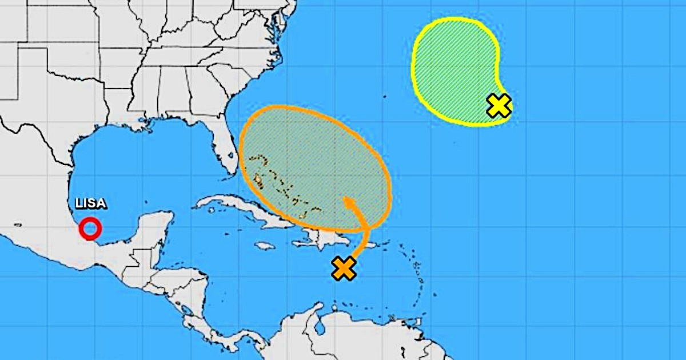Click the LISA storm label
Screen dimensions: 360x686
click(x=91, y=204)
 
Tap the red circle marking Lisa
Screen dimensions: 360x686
click(x=90, y=229)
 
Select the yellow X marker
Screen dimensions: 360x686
click(x=498, y=106)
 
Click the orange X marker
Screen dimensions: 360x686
click(x=344, y=268)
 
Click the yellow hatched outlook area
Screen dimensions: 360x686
click(x=452, y=69)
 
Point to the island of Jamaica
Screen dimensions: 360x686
click(x=265, y=246)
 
